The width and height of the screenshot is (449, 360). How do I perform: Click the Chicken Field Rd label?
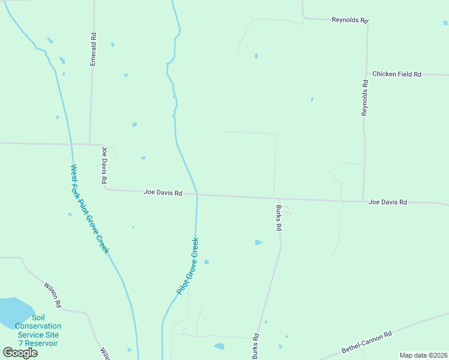click(x=397, y=74)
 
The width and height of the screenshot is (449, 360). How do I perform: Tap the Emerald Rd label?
click(x=94, y=54)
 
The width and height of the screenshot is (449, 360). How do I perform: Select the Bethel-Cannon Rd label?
click(x=367, y=341)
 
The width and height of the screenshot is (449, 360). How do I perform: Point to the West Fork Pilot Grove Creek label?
click(x=90, y=209)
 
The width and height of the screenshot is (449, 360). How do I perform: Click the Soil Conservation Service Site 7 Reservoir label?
click(x=38, y=330)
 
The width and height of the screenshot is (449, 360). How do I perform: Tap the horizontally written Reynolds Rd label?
click(x=349, y=20)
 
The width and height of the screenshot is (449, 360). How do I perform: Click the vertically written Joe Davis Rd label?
click(x=104, y=165)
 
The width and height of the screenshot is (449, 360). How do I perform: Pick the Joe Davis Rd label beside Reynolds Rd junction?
click(x=388, y=202)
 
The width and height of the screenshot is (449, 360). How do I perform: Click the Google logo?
click(x=20, y=352)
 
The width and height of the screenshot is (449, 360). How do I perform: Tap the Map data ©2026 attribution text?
click(x=423, y=355)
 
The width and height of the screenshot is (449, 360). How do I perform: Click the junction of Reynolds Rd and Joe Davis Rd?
click(x=363, y=200)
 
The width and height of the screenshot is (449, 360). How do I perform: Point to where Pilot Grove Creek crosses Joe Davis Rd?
click(x=197, y=194)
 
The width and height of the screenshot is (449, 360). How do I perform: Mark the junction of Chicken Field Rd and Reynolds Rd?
click(x=366, y=74)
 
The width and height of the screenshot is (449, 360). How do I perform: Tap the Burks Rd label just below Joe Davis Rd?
click(x=279, y=218)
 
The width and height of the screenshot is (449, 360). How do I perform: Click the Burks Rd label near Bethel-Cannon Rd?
click(x=255, y=346)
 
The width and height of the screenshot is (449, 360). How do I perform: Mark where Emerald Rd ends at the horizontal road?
click(x=90, y=144)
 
